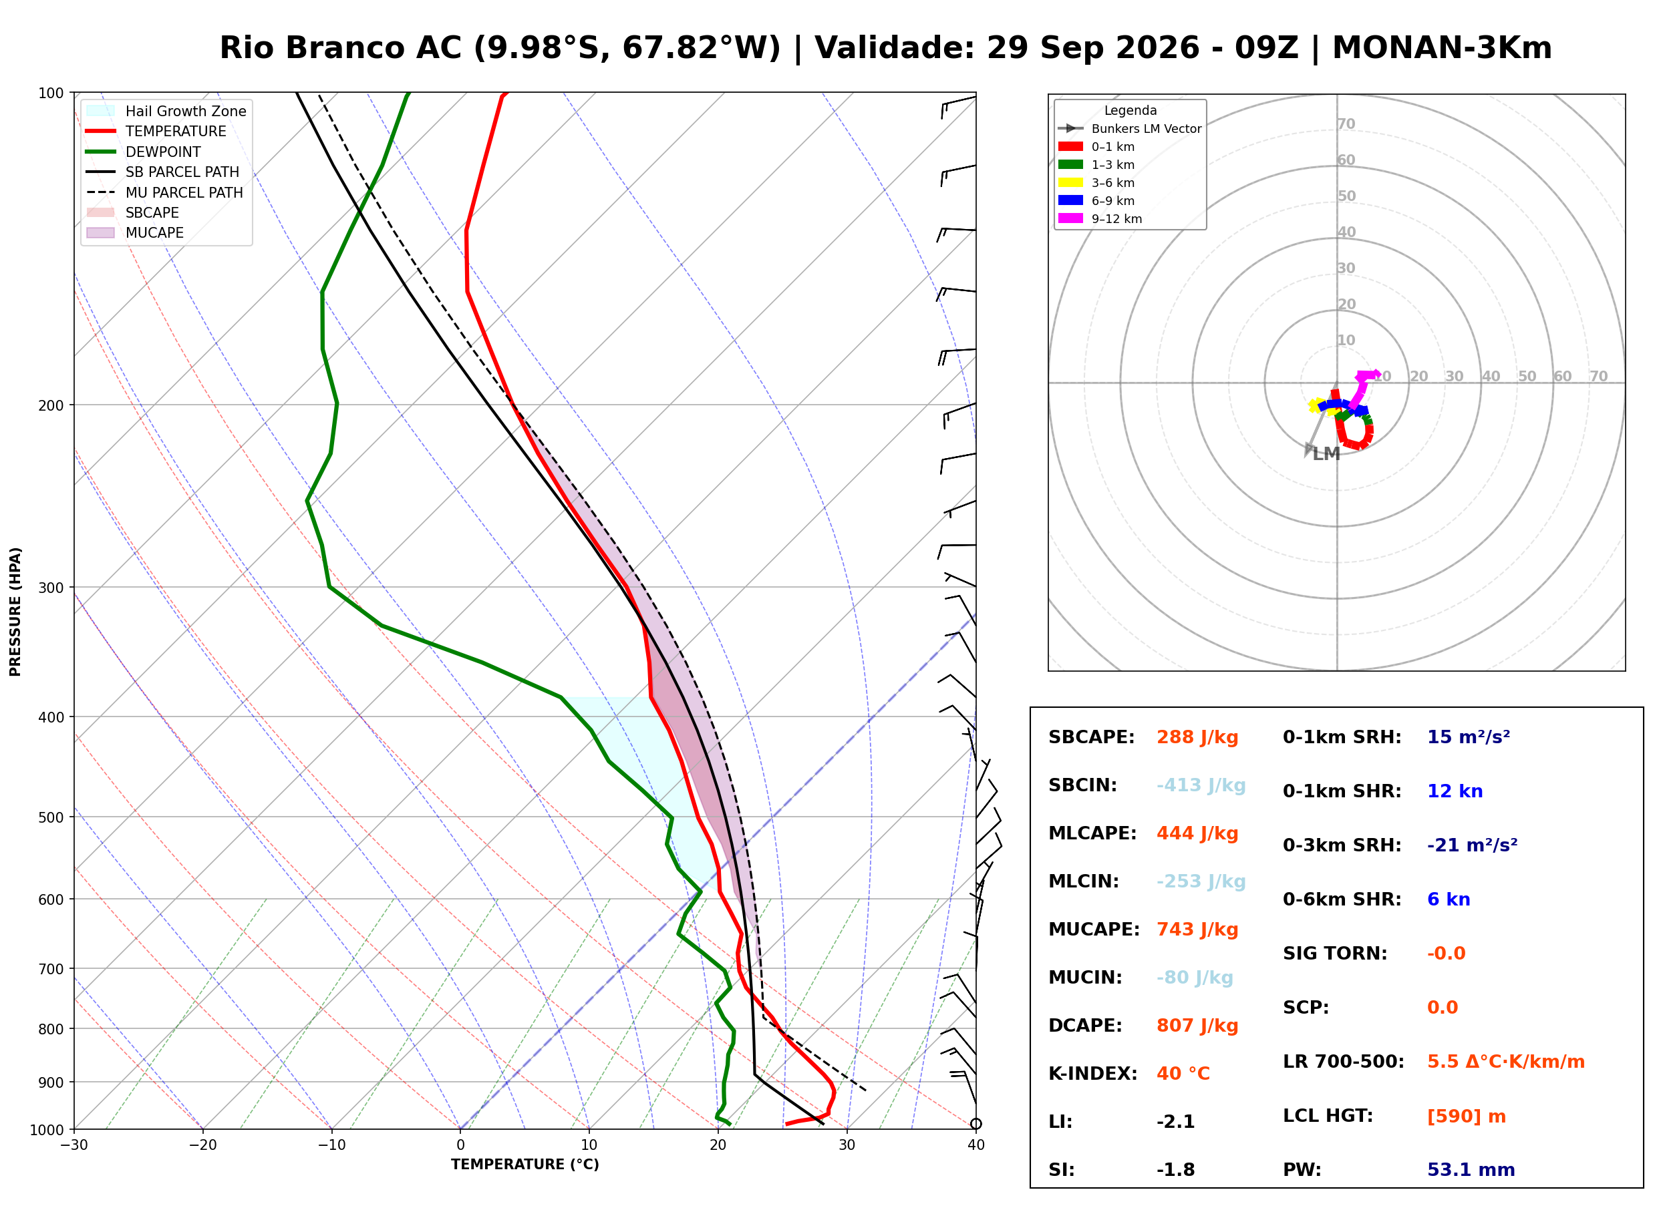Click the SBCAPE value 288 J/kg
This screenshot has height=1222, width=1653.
point(1197,737)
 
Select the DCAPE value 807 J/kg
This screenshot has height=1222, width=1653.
point(1197,1026)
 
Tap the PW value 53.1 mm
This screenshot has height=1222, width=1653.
point(1471,1170)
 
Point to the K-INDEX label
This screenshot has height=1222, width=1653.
point(1093,1074)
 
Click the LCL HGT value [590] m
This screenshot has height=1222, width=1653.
point(1467,1116)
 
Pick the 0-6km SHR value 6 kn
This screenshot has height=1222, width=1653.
point(1449,899)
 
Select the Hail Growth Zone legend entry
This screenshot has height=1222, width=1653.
point(166,111)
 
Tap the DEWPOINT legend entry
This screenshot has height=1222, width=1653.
point(144,152)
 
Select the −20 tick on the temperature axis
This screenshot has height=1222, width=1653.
point(202,1145)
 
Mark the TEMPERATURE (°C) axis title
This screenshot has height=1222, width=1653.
point(525,1165)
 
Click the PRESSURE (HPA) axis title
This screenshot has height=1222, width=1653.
point(15,612)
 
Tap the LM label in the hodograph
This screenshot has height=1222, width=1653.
point(1326,454)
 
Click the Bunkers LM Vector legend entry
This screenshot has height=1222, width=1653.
point(1130,129)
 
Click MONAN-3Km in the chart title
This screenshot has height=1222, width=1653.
point(1441,48)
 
